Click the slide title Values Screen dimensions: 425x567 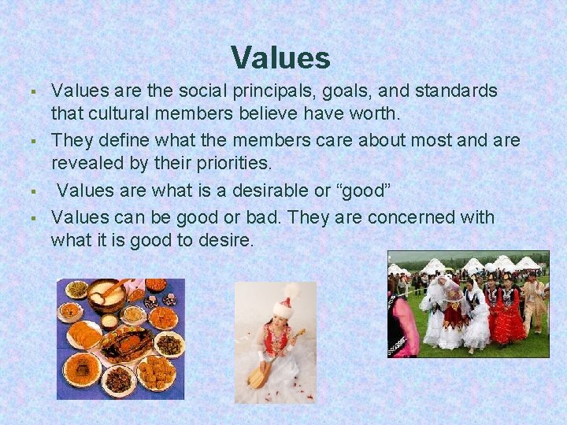(280, 57)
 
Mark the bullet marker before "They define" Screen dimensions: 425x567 (38, 142)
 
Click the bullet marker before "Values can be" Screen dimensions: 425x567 (38, 218)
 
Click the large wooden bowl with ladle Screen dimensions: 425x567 (107, 294)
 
